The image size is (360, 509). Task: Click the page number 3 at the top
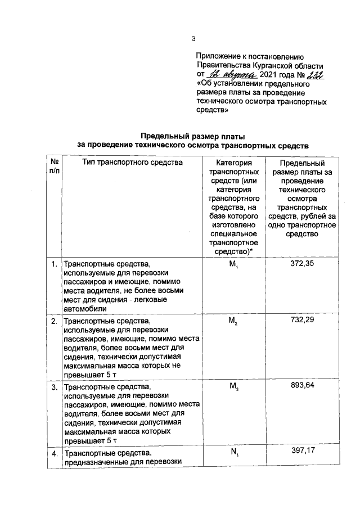coord(193,39)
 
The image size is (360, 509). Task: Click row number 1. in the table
coord(55,264)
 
